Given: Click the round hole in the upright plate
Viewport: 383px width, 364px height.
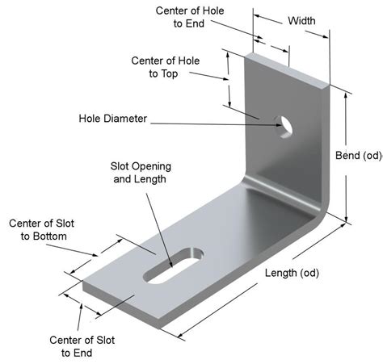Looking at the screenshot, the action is click(284, 127).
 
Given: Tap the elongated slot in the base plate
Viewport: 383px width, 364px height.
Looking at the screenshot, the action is click(173, 266).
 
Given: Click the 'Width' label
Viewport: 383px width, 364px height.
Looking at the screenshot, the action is click(301, 21).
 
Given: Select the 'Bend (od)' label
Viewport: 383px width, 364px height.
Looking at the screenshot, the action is click(359, 156).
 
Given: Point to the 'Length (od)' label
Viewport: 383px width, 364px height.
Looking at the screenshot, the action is click(292, 273).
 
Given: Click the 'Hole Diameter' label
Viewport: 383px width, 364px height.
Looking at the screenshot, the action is click(113, 119).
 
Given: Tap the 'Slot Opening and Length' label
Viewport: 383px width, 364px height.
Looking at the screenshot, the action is click(141, 173).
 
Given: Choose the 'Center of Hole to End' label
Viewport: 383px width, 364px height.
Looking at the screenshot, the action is click(190, 17).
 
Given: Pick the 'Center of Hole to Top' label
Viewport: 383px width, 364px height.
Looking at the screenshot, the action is click(165, 67).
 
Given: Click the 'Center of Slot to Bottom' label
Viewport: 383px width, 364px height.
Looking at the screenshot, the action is click(41, 230).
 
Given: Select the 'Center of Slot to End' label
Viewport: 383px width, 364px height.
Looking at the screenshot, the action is click(82, 346).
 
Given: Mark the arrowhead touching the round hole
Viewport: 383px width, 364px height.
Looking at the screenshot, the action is click(279, 125).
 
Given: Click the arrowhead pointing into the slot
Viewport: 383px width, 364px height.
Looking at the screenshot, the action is click(170, 264).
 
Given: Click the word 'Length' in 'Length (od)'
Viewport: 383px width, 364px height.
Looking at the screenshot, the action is click(281, 273).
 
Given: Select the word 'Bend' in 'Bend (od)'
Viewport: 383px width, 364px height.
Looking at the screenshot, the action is click(347, 155).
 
